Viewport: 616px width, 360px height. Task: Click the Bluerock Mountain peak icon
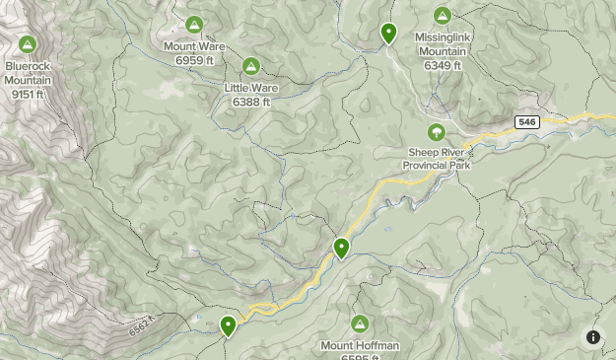tap(27, 44)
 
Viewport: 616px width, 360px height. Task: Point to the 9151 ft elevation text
tap(28, 95)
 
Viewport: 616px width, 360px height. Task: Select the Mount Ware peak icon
tap(194, 25)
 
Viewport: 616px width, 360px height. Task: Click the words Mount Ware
tap(194, 46)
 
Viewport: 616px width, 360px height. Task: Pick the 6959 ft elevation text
tap(194, 60)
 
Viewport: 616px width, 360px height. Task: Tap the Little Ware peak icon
tap(251, 66)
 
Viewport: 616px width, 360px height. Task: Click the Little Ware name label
tap(251, 88)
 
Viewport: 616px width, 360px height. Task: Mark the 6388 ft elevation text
tap(251, 102)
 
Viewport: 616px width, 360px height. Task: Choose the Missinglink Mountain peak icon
tap(443, 16)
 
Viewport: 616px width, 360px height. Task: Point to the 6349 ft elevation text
tap(443, 66)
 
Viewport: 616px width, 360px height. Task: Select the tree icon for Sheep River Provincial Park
tap(436, 132)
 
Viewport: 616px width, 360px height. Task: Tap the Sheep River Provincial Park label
tap(437, 159)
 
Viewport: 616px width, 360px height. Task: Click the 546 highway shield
tap(526, 122)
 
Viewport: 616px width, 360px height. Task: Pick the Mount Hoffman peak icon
tap(360, 324)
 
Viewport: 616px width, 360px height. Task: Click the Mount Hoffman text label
tap(360, 345)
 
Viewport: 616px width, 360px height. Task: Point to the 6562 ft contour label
tap(142, 325)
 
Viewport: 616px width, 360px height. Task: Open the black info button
tap(593, 337)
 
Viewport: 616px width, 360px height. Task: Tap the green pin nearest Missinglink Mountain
tap(389, 34)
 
